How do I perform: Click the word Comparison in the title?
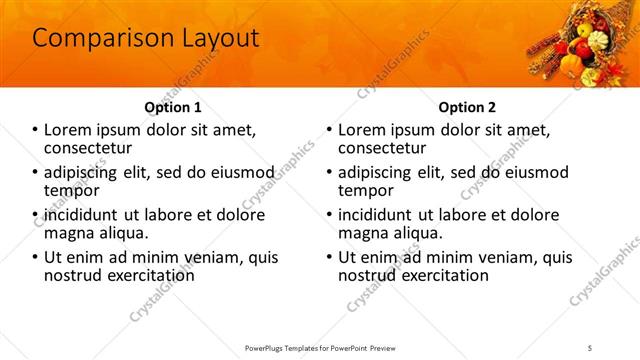click(x=92, y=39)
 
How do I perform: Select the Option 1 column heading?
click(x=173, y=107)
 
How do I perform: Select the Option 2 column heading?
click(x=466, y=107)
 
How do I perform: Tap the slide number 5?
click(x=590, y=348)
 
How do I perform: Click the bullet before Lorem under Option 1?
click(x=36, y=130)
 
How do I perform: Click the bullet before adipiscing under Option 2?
click(x=329, y=172)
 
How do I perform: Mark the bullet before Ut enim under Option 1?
click(x=36, y=257)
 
